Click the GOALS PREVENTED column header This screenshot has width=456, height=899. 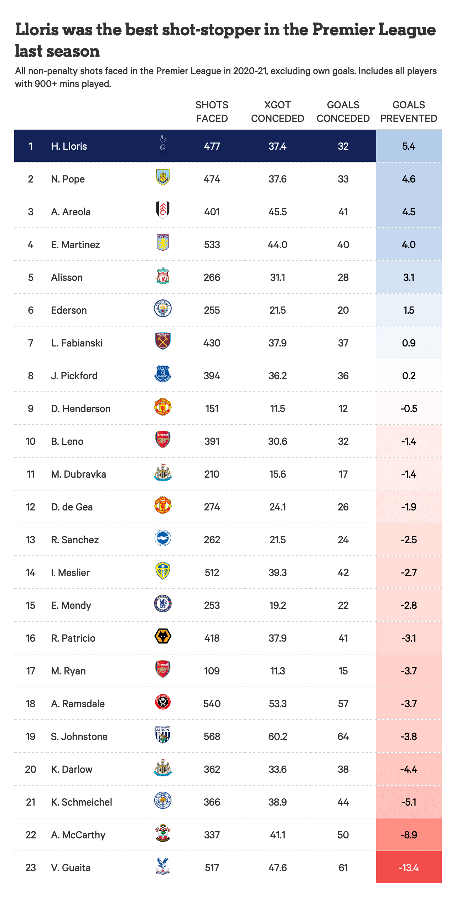click(x=409, y=112)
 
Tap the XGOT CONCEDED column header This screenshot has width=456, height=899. click(x=278, y=112)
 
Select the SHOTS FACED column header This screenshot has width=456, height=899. click(x=212, y=112)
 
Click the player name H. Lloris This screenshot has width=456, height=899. click(x=69, y=146)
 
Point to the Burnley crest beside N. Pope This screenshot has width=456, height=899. click(x=163, y=177)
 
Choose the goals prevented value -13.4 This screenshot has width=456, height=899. click(x=409, y=868)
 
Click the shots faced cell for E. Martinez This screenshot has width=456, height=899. click(x=212, y=245)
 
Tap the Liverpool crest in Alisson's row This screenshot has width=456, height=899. click(x=163, y=276)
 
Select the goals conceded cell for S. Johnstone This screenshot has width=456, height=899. click(x=343, y=736)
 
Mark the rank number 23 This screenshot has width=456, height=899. click(x=31, y=868)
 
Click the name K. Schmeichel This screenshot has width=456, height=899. click(x=82, y=802)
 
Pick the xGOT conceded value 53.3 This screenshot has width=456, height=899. click(x=278, y=704)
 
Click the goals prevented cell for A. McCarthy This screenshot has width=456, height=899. click(x=409, y=835)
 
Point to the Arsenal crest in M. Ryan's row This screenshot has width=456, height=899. click(x=163, y=669)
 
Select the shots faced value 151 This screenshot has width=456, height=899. click(x=212, y=409)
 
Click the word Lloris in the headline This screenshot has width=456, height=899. click(x=37, y=30)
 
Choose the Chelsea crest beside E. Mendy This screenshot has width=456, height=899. click(x=163, y=604)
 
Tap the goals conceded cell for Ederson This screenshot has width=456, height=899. click(x=343, y=310)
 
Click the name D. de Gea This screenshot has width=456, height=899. click(x=72, y=507)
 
